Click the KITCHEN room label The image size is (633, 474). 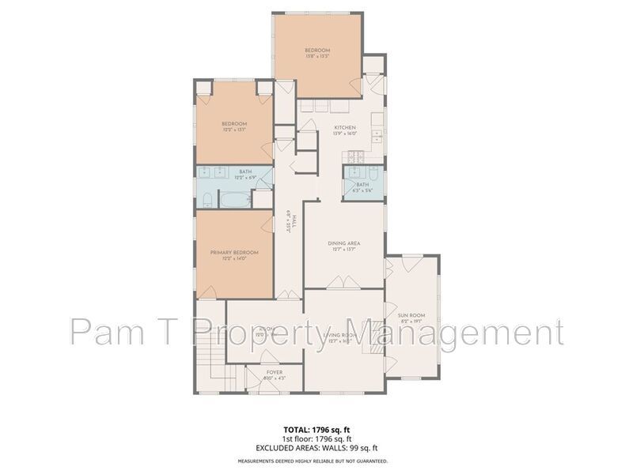[x=345, y=128]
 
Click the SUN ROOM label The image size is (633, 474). [x=412, y=316]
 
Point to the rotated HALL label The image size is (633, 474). [x=290, y=218]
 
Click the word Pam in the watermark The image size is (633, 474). [x=102, y=332]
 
